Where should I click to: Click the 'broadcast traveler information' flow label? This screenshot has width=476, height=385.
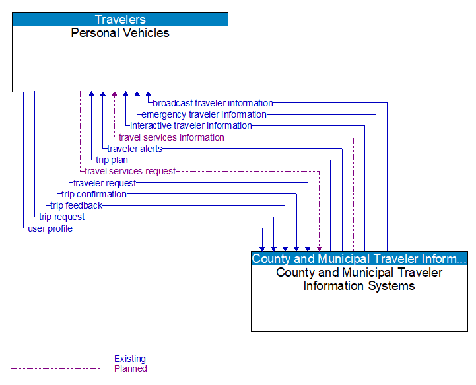pos(213,103)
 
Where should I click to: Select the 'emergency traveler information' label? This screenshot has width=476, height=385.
pos(204,114)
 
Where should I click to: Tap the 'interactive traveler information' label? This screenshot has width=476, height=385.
pos(191,125)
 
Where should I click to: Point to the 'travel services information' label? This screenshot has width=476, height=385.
pos(172,137)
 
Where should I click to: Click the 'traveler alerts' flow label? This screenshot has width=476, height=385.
pos(135,149)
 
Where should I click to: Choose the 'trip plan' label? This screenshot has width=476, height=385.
pos(112,160)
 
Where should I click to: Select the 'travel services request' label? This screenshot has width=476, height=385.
pos(130,171)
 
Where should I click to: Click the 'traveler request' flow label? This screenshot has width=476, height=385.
pos(105,183)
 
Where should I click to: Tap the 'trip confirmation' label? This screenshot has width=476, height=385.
pos(94,194)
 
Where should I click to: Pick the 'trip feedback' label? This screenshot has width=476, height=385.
pos(77,205)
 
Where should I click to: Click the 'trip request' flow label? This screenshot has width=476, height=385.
pos(62,217)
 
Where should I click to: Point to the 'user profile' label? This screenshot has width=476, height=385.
pos(50,228)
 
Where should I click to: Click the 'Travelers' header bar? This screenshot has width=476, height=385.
pos(120,19)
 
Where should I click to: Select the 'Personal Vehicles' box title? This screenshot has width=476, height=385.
pos(120,33)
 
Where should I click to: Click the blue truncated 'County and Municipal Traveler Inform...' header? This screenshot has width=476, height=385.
pos(359,258)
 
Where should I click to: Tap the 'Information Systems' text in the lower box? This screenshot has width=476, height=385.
pos(359,286)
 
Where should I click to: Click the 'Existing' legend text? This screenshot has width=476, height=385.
pos(130,359)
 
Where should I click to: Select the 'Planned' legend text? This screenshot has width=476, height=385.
pos(131,368)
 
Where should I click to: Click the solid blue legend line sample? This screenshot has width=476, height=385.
pos(57,359)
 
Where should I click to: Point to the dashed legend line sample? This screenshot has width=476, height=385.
pos(57,368)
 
